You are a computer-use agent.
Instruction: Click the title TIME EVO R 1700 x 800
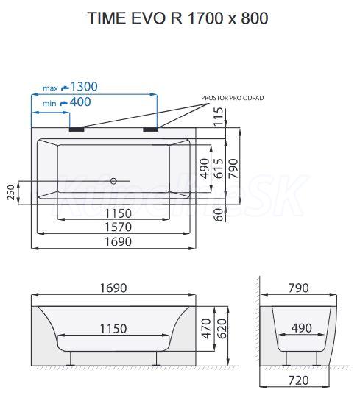[x=178, y=18]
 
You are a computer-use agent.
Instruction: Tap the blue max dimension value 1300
[x=84, y=86]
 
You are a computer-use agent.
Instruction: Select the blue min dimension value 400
[x=80, y=102]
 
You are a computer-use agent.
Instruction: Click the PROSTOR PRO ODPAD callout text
[x=233, y=98]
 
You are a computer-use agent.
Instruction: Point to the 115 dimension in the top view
[x=219, y=116]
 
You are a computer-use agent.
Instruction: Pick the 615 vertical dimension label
[x=219, y=168]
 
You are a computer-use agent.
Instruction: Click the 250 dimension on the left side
[x=11, y=192]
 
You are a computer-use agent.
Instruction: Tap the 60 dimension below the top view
[x=219, y=215]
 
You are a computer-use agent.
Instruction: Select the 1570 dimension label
[x=118, y=227]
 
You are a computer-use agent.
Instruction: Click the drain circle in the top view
[x=113, y=181]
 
